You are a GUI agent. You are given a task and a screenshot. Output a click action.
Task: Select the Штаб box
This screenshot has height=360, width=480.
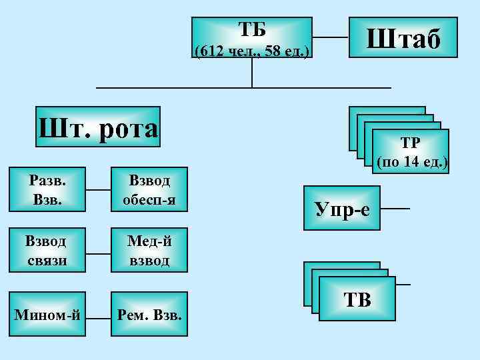(x=403, y=39)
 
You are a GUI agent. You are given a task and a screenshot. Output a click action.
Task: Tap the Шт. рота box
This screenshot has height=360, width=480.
(x=98, y=127)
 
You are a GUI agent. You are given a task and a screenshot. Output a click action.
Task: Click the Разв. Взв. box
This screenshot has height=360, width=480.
(x=48, y=189)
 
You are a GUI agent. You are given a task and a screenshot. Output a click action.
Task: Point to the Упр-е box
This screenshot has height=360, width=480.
(x=341, y=209)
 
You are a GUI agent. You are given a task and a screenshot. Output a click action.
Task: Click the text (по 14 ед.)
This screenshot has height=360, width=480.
(x=412, y=162)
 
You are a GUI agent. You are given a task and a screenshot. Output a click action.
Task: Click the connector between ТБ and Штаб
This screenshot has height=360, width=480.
(x=331, y=37)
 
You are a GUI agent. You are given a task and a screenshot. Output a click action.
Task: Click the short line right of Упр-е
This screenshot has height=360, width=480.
(x=395, y=209)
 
